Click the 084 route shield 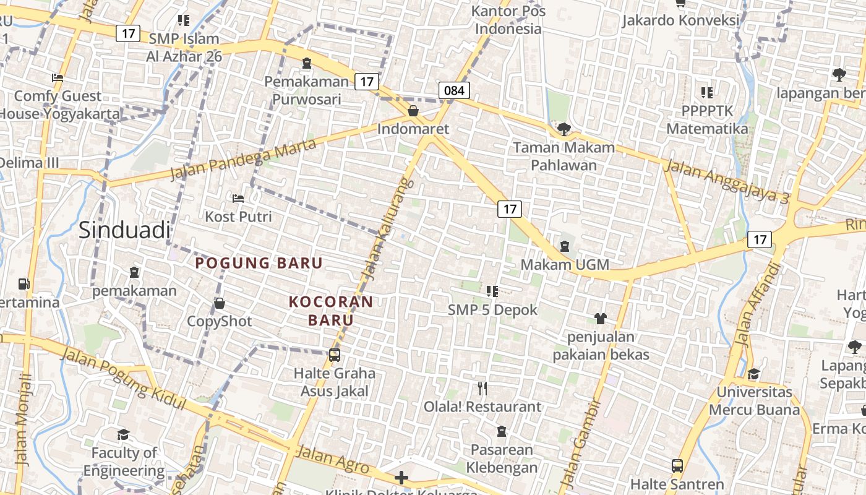454,90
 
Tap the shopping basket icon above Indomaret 413,111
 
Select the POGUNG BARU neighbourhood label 259,263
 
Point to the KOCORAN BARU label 331,311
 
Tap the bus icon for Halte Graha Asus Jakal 335,355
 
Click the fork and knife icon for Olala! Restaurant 482,389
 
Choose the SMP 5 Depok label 493,310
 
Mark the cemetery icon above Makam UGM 564,246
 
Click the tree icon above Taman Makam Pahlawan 564,129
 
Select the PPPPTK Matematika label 707,120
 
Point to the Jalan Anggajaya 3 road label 726,181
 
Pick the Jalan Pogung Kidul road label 124,378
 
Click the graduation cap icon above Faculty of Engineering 124,434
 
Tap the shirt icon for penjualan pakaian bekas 600,319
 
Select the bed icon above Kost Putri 238,199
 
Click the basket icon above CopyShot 220,303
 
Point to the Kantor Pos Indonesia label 508,20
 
